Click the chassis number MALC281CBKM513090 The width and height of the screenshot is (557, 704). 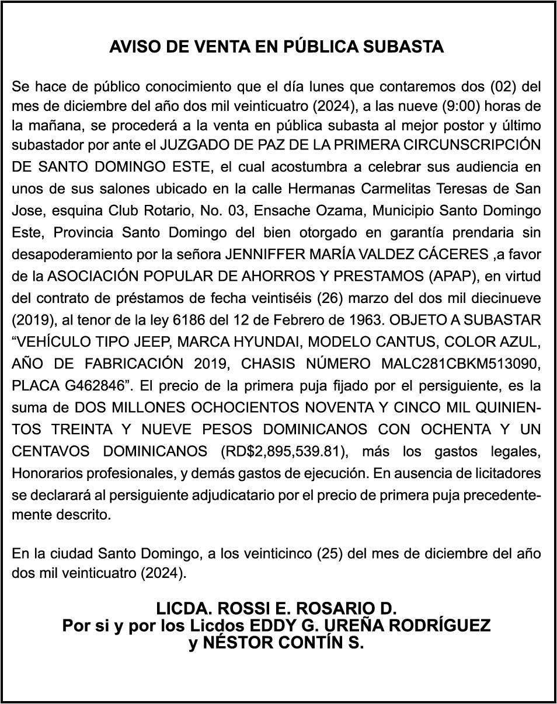coord(461,364)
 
